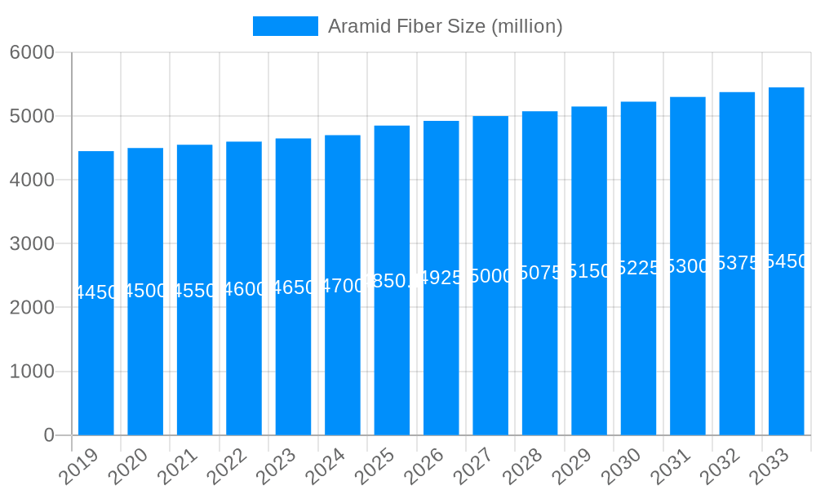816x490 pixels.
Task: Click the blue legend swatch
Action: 285,26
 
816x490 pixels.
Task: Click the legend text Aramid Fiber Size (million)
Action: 445,26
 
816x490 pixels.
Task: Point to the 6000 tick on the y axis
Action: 32,52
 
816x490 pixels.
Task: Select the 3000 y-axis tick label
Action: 32,243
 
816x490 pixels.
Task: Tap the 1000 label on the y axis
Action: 32,372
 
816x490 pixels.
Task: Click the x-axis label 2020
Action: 128,467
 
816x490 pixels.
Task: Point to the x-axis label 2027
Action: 473,467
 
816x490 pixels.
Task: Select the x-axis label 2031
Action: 671,467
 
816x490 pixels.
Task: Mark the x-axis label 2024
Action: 326,467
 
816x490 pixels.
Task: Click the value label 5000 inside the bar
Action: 490,276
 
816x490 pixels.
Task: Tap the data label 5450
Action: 786,261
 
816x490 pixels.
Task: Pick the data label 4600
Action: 244,289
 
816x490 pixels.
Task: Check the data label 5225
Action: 638,269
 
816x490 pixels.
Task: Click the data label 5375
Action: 737,263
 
